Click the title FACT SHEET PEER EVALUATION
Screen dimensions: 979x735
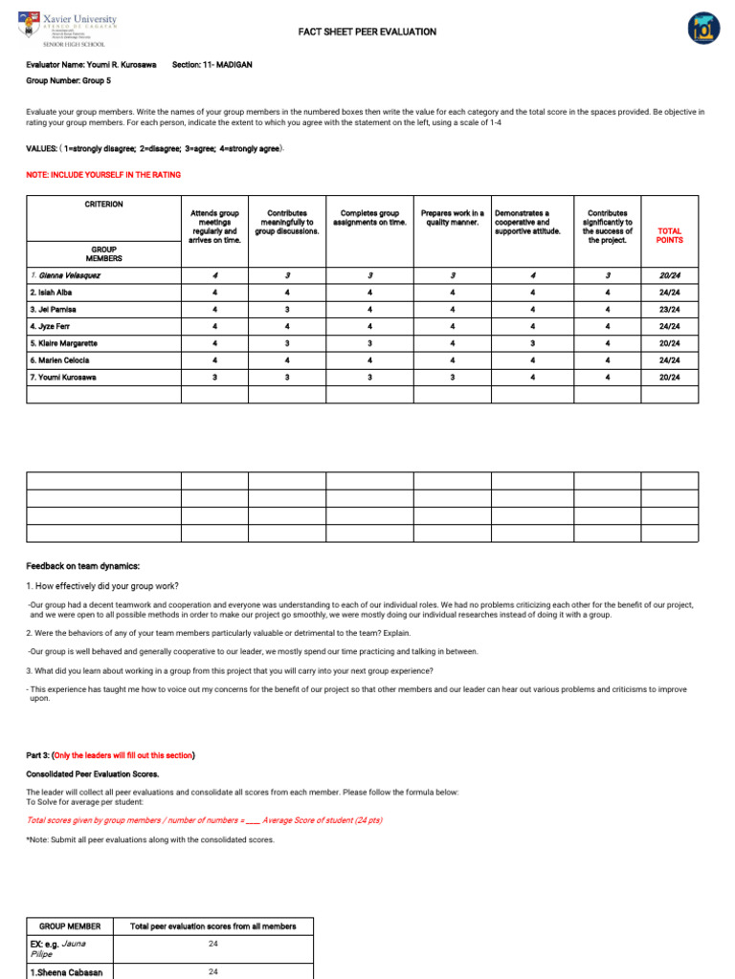367,33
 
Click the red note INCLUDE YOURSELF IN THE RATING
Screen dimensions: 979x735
103,175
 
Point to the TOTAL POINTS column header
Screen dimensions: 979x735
670,235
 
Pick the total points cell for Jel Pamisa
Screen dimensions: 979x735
670,310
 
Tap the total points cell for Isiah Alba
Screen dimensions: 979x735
670,293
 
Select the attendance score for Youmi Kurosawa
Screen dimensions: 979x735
214,378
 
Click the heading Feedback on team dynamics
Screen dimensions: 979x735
83,566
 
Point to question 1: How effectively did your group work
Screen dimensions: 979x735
102,586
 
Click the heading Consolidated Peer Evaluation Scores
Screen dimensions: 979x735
93,773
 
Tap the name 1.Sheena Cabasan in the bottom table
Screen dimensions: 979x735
67,972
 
